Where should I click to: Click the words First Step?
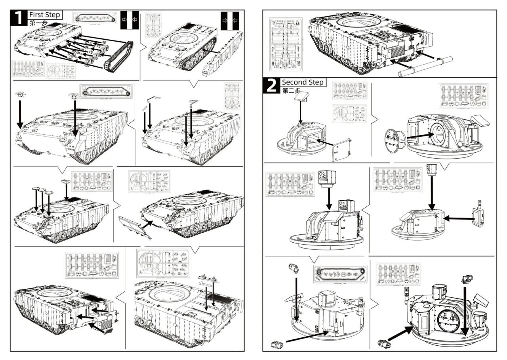pos(44,15)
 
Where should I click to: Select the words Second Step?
pos(303,82)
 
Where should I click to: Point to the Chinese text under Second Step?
pos(290,91)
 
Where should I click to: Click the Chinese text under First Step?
pos(38,23)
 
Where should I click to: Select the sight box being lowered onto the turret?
pos(327,179)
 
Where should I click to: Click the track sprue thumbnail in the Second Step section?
pos(340,274)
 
